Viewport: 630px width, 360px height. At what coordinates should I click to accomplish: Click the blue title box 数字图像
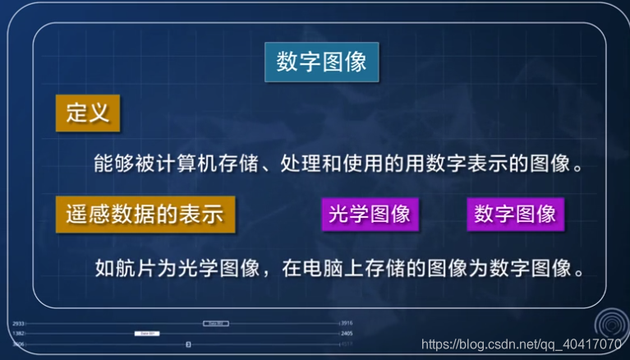(x=321, y=62)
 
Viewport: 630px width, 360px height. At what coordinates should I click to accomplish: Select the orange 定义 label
(x=88, y=113)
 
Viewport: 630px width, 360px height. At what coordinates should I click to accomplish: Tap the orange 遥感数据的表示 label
(x=145, y=214)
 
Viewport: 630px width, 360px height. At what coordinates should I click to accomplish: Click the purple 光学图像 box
(x=369, y=214)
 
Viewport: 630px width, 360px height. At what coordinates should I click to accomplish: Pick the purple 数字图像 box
(x=515, y=214)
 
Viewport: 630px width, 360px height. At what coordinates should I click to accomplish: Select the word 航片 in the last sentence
(x=136, y=267)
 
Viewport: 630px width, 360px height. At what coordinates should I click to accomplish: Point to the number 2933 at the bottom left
(x=18, y=324)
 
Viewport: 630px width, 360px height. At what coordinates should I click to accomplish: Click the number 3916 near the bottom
(x=347, y=324)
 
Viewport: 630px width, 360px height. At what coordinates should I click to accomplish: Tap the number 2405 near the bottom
(x=347, y=334)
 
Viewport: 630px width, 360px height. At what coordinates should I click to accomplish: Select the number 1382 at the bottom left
(x=18, y=334)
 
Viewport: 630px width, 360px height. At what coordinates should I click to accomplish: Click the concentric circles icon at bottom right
(x=609, y=321)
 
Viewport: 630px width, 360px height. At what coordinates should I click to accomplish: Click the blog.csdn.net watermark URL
(x=521, y=344)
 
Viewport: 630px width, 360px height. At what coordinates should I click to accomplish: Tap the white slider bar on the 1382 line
(x=147, y=334)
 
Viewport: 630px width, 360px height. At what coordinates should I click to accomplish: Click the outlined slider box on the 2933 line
(x=215, y=324)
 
